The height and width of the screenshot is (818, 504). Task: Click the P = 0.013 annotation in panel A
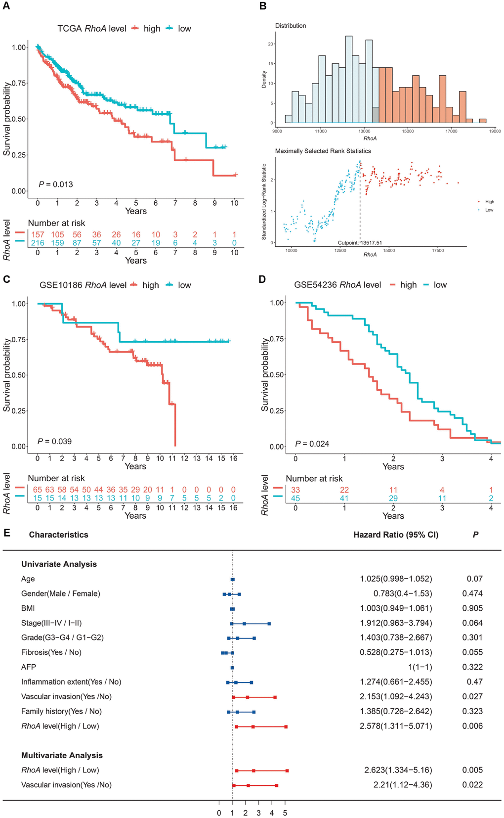coord(56,184)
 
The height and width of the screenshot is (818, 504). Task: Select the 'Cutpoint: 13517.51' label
coord(360,243)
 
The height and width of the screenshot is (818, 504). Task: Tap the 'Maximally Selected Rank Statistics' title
coord(323,151)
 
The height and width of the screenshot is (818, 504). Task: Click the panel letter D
coord(262,279)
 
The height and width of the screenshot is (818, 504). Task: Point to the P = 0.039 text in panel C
coord(55,441)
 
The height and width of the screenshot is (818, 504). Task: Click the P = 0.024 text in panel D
coord(312,444)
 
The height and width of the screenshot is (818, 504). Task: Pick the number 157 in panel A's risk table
coord(38,234)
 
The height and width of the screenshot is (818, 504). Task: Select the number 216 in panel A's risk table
coord(38,243)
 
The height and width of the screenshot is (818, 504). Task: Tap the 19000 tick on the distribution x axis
coord(495,131)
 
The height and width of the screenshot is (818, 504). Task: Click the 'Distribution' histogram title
coord(291,26)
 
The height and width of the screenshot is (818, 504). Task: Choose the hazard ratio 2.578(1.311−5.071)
coord(396,726)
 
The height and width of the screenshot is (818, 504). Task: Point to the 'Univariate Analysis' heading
coord(59,564)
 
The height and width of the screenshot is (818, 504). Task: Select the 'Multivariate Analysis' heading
coord(62,755)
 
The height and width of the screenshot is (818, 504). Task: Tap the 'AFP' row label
coord(29,667)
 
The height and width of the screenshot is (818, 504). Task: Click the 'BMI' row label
coord(28,608)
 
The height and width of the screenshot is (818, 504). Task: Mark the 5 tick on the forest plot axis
coord(285,813)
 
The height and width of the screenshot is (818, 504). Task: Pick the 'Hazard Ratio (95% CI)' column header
coord(396,535)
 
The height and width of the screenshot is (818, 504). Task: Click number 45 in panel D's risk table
coord(295,498)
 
